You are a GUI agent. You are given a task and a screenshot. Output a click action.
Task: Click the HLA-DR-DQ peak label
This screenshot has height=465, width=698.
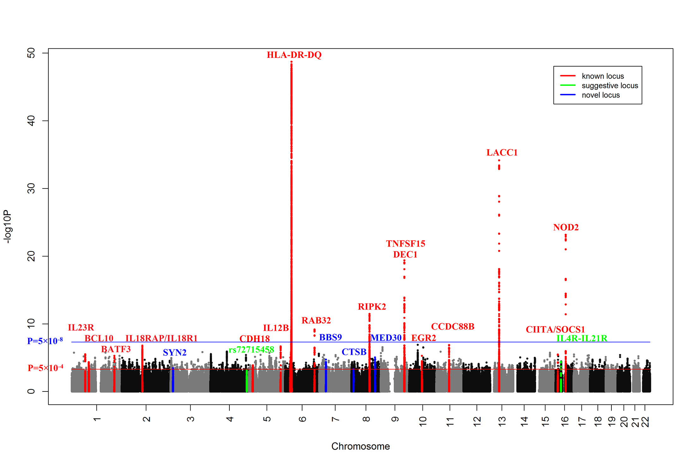point(294,55)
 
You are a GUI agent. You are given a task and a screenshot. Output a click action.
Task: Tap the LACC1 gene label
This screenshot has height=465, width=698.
point(502,153)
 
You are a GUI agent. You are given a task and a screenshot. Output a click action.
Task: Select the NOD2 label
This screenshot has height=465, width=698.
point(566,227)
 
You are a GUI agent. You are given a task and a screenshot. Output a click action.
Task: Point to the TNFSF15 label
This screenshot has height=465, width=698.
point(405,244)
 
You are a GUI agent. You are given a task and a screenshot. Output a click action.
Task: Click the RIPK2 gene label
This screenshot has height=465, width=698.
point(372,307)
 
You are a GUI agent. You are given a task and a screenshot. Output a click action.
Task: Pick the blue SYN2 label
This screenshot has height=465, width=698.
point(174,352)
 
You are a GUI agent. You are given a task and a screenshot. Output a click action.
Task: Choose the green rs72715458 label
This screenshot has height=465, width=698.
point(251,350)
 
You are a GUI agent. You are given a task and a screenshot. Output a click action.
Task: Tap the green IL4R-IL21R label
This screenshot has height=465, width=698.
point(581,338)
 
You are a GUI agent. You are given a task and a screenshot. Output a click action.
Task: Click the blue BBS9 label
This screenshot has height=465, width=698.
point(330,337)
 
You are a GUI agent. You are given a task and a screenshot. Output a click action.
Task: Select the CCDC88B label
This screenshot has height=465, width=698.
point(452,326)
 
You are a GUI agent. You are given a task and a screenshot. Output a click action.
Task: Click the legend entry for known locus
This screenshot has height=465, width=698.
point(603,76)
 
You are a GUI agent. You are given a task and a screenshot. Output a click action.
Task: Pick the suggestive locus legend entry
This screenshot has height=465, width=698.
point(610,86)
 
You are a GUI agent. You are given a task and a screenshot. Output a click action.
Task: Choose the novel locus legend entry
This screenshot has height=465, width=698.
point(600,95)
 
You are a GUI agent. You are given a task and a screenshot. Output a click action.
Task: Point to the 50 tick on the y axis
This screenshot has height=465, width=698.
point(31,53)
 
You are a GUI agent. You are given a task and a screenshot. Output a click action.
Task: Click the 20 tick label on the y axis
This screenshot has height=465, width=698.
point(31,256)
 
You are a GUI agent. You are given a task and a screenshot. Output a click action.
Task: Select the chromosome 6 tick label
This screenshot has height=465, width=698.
point(302,419)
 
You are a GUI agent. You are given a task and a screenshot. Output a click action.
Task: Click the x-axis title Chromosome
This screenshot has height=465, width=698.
point(360,446)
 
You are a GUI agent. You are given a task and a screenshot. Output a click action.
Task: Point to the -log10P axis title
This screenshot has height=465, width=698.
point(8,226)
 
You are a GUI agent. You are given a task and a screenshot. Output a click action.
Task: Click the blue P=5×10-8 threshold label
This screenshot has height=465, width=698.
point(45,341)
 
